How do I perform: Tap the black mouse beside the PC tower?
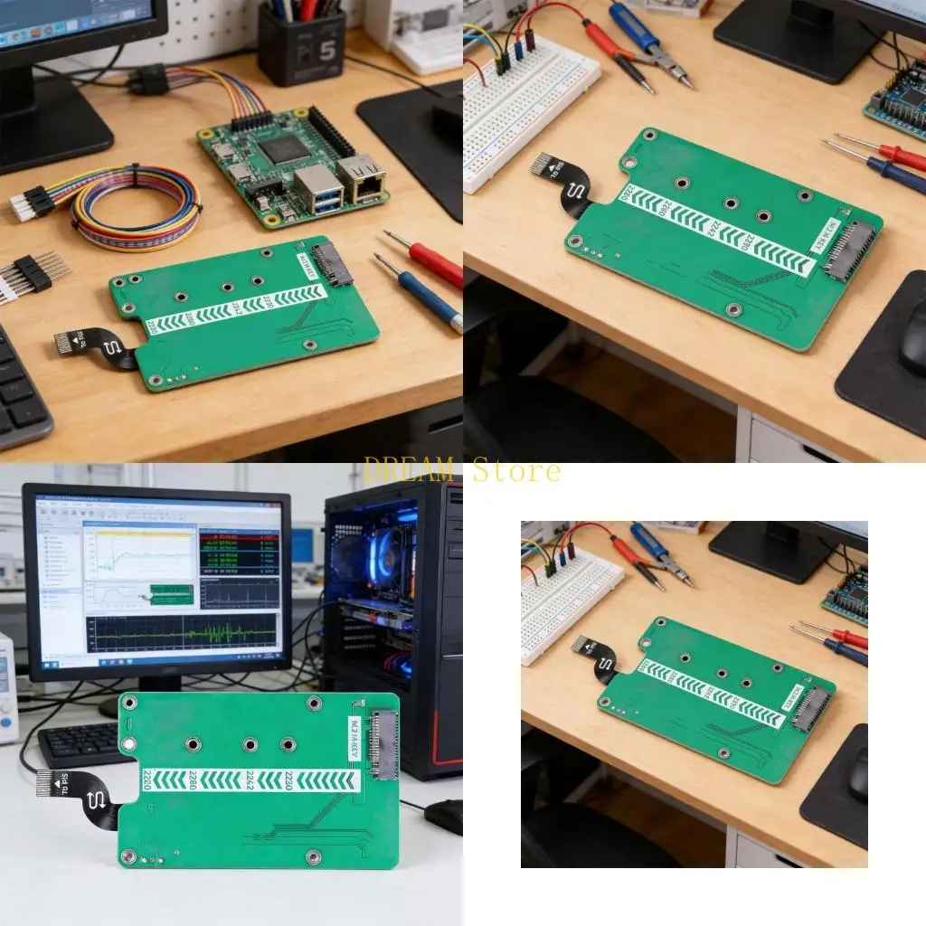pyautogui.click(x=444, y=816)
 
